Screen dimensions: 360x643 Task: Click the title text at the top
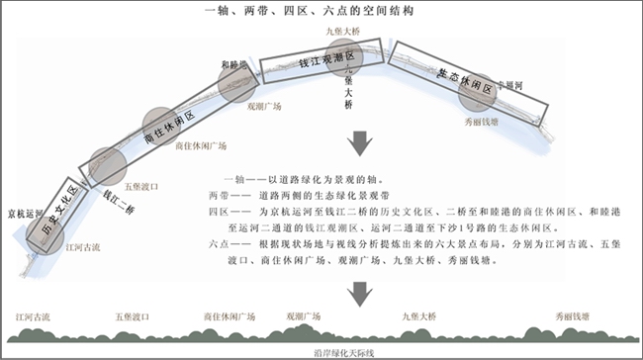point(321,11)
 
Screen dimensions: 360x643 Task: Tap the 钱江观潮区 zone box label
point(308,63)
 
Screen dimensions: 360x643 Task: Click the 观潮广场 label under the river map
point(263,105)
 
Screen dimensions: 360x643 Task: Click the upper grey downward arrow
point(360,144)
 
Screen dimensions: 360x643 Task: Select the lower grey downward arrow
point(360,291)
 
